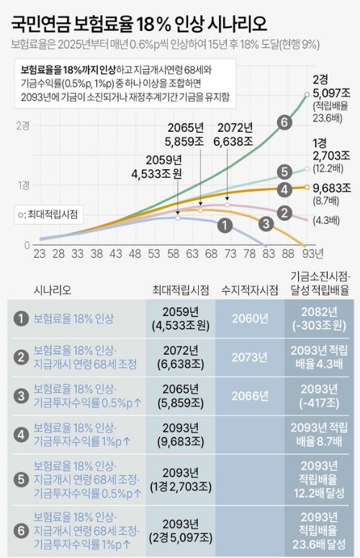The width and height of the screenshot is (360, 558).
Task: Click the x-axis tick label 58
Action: pyautogui.click(x=174, y=254)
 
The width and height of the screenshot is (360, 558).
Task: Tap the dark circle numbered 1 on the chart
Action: pyautogui.click(x=225, y=225)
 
